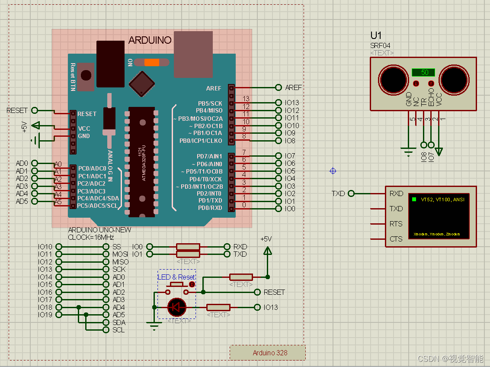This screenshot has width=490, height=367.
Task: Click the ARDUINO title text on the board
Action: (150, 41)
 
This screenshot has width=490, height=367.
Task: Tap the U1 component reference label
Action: (376, 35)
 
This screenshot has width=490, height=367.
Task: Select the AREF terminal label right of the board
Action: (293, 87)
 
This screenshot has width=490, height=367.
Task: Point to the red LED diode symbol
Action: (176, 307)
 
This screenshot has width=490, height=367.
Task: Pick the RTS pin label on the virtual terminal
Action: (396, 224)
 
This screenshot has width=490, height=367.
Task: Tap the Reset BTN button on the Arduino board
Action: (86, 75)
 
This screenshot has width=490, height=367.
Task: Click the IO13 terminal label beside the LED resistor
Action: (271, 307)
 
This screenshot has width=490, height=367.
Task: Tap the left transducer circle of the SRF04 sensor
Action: (393, 79)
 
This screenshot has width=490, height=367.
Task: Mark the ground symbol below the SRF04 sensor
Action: (408, 151)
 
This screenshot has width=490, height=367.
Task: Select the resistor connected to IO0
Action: (188, 247)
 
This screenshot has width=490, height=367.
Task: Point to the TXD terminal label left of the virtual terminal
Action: (338, 193)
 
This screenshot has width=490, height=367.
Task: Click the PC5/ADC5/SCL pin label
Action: (97, 206)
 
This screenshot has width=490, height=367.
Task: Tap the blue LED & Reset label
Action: (176, 277)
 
